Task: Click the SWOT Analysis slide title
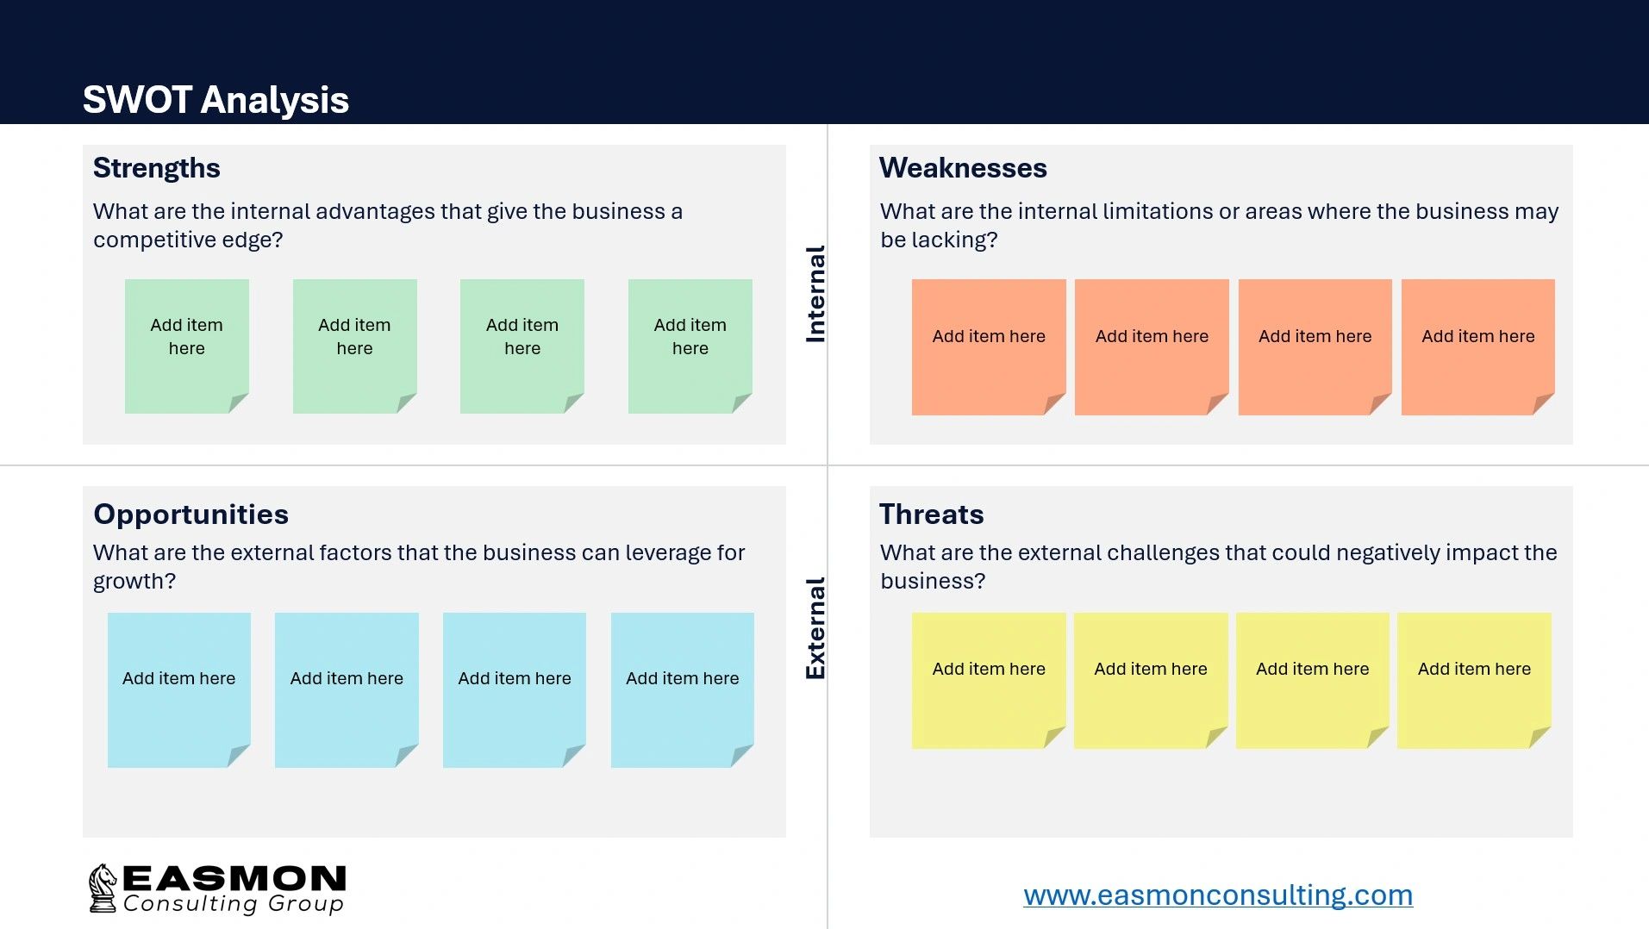(x=215, y=100)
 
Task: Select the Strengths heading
(x=156, y=168)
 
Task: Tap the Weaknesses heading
(x=963, y=168)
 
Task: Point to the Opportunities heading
(x=191, y=514)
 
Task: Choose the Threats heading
(x=931, y=514)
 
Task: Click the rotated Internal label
(x=815, y=294)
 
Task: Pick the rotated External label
(x=815, y=627)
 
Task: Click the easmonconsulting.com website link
(x=1217, y=895)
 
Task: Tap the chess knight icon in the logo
(x=103, y=888)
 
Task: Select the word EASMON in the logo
(x=234, y=879)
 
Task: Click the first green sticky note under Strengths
(x=186, y=346)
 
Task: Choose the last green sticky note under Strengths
(x=690, y=346)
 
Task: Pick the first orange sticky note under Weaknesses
(x=988, y=346)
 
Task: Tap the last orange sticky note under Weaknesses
(x=1477, y=346)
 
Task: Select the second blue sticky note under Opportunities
(x=347, y=689)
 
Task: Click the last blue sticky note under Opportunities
(x=682, y=689)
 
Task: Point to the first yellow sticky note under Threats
(x=988, y=680)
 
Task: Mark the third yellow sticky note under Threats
(x=1312, y=680)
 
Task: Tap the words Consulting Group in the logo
(x=233, y=904)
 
